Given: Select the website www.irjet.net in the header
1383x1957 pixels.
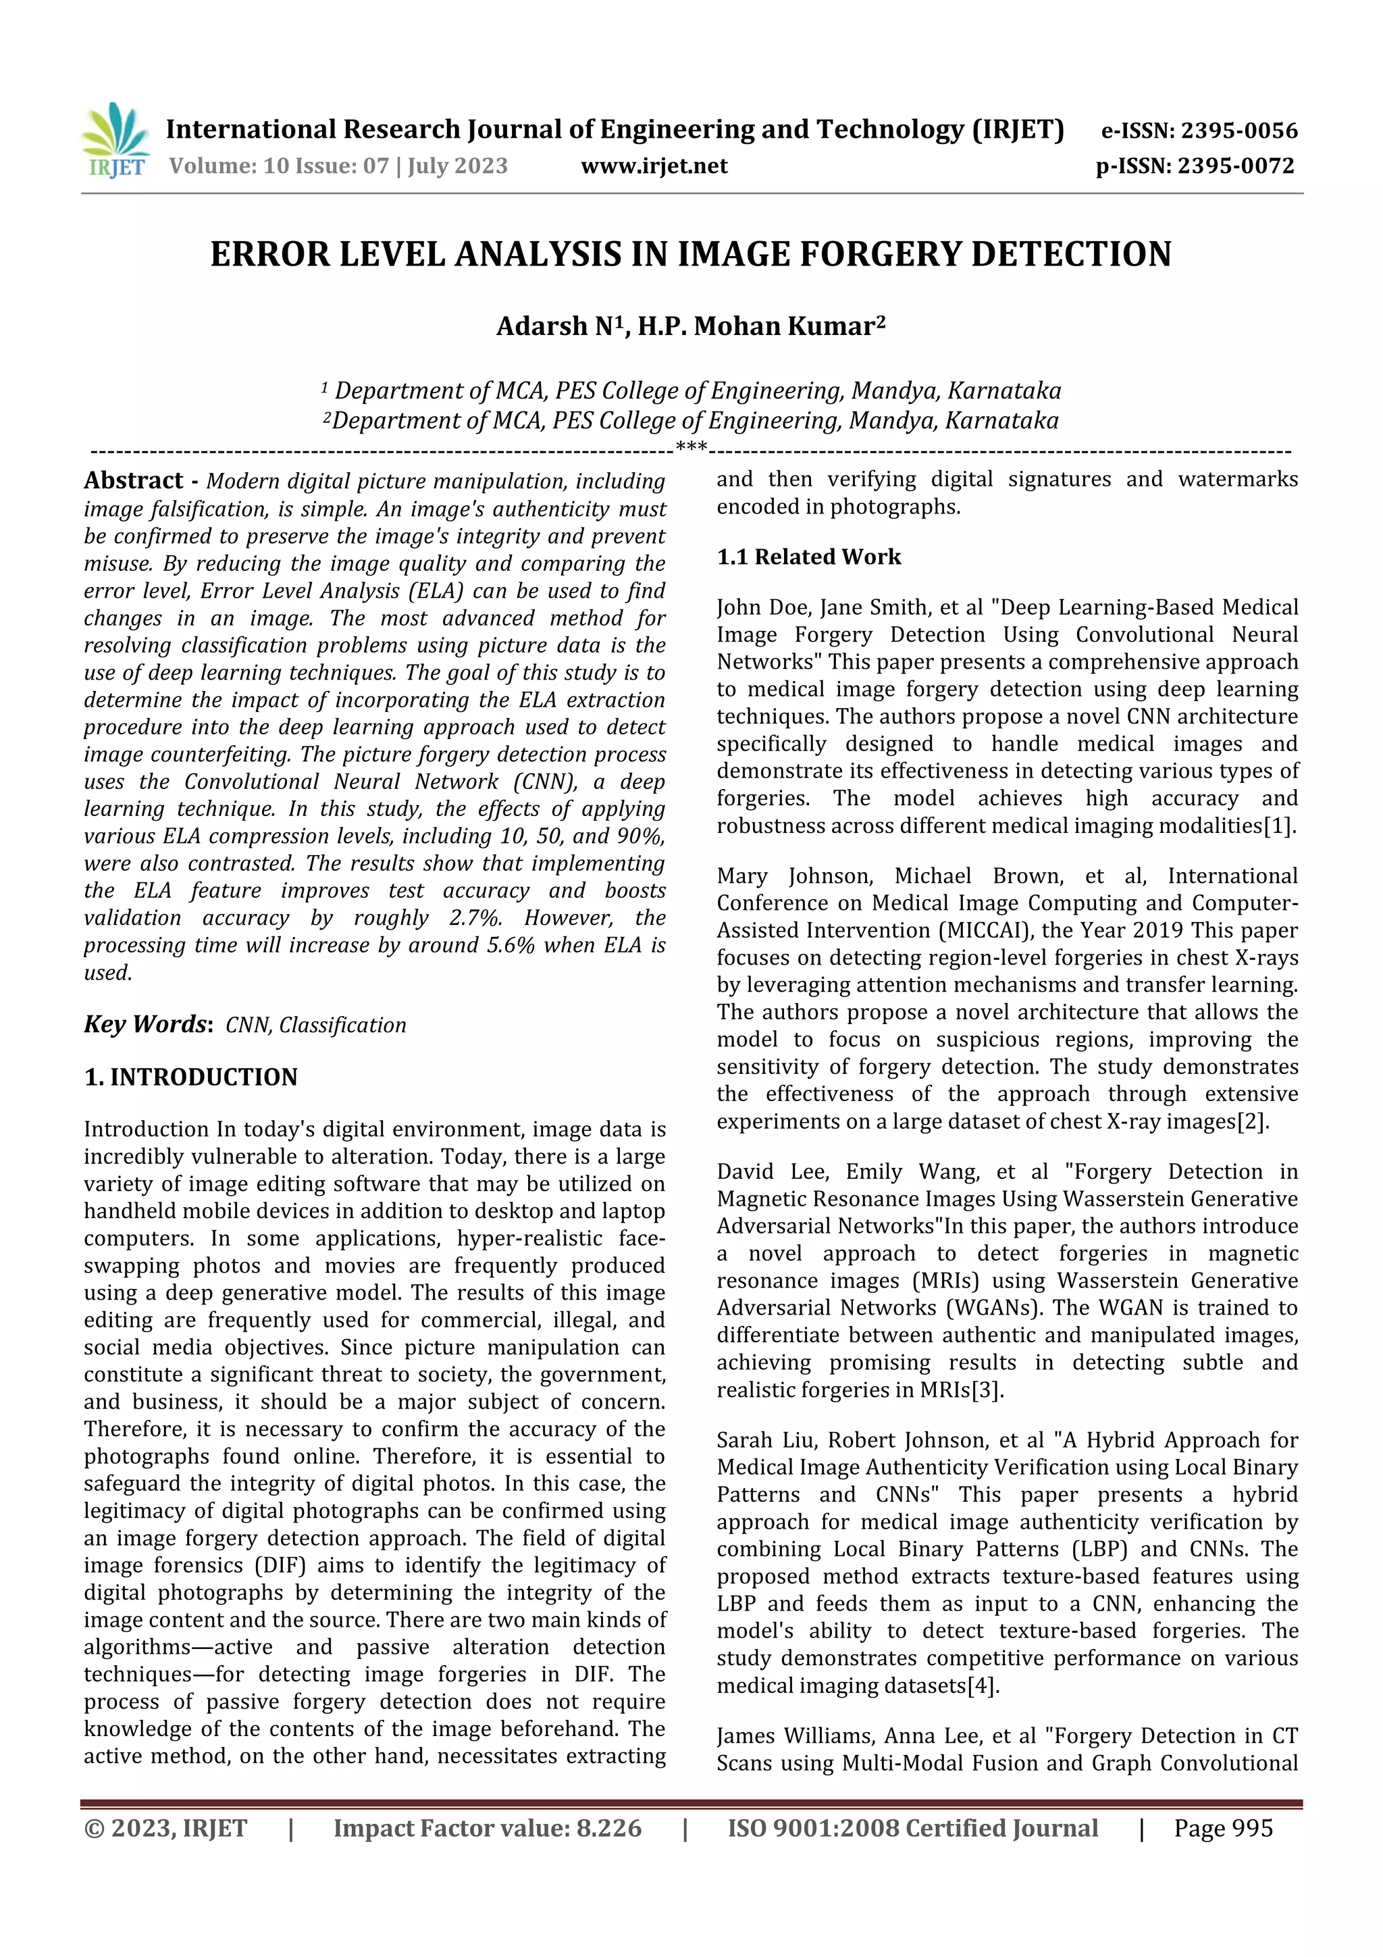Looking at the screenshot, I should tap(654, 166).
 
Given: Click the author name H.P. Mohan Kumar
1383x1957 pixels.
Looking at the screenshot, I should tap(757, 326).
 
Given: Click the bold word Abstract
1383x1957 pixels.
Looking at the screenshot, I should tap(134, 481).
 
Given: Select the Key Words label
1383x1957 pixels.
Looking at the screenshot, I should tap(147, 1023).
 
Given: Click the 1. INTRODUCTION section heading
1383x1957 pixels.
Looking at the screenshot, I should tap(191, 1077).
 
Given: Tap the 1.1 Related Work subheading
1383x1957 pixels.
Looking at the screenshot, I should tap(809, 557).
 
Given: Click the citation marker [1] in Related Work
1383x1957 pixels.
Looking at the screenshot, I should tap(1279, 826).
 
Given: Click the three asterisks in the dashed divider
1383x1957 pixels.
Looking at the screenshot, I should tap(691, 447).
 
